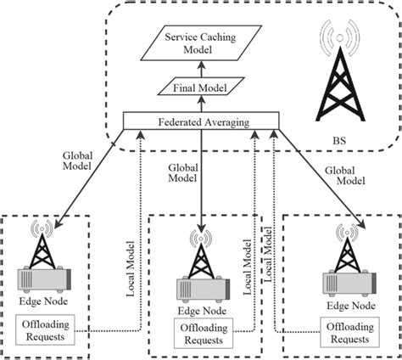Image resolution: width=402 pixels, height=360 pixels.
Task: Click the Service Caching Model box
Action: tap(201, 43)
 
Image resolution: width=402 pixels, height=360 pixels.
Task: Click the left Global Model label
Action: tap(63, 161)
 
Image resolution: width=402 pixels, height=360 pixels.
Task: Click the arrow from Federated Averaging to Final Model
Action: tap(202, 104)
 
